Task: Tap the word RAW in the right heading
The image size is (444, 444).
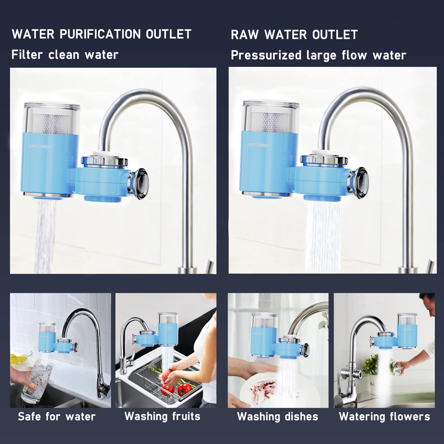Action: pyautogui.click(x=244, y=35)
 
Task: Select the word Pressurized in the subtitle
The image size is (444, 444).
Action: pyautogui.click(x=266, y=55)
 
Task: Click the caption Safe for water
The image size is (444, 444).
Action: pyautogui.click(x=57, y=417)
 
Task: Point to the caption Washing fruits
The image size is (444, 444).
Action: pyautogui.click(x=162, y=416)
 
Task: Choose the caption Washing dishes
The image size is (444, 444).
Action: pyautogui.click(x=277, y=417)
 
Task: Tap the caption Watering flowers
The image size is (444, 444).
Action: pyautogui.click(x=384, y=417)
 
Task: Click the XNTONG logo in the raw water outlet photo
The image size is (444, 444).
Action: pyautogui.click(x=258, y=145)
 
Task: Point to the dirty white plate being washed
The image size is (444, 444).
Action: pyautogui.click(x=258, y=389)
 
